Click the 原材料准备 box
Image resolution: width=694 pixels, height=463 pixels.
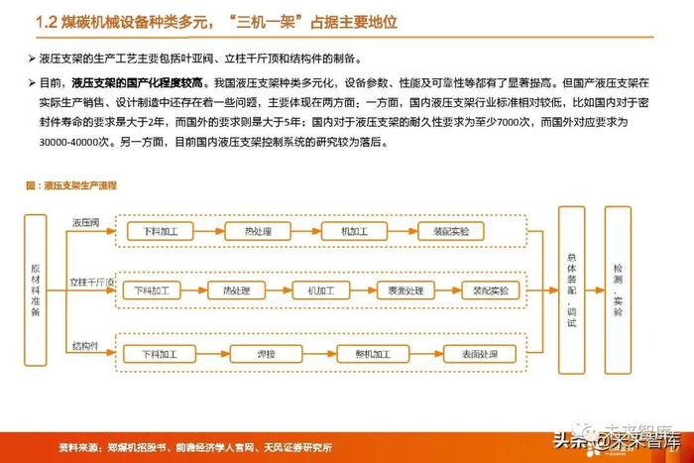pos(37,290)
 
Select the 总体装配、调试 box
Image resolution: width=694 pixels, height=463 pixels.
pos(572,289)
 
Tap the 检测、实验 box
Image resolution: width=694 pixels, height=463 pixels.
pos(619,289)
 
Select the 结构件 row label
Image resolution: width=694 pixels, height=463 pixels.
pos(85,345)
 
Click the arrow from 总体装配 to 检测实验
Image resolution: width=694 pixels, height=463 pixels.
pos(595,290)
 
